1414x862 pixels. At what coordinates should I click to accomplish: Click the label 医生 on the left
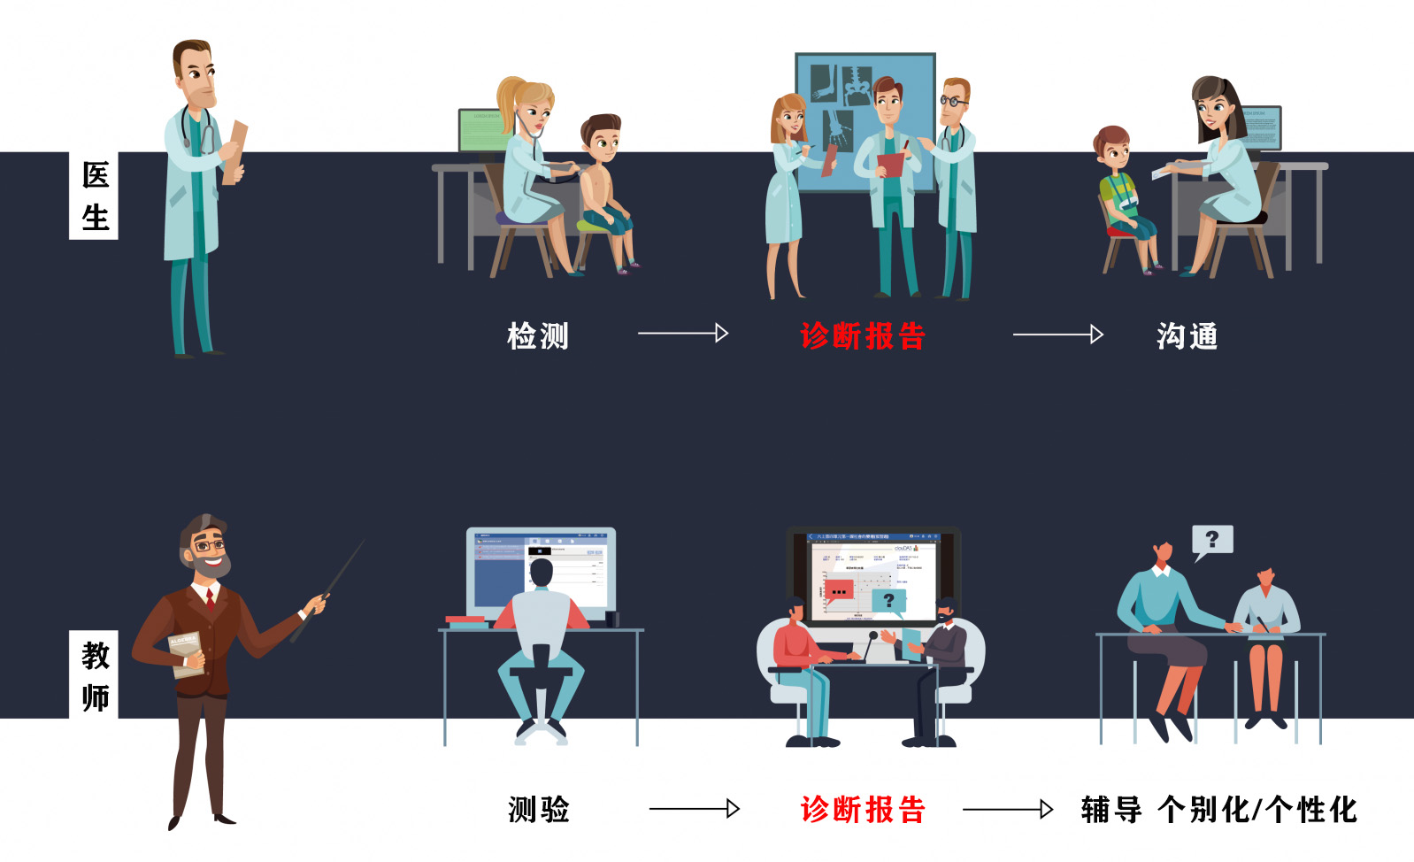click(x=94, y=196)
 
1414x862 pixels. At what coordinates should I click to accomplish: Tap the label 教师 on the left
click(x=95, y=675)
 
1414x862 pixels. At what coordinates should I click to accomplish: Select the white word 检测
click(x=538, y=336)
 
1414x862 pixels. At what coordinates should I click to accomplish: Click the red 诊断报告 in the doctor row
click(x=862, y=336)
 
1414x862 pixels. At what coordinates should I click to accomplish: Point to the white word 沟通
click(x=1187, y=336)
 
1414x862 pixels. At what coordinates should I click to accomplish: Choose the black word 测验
click(x=538, y=809)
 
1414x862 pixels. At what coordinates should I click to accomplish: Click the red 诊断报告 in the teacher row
click(x=862, y=809)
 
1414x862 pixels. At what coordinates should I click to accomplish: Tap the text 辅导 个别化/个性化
click(x=1218, y=809)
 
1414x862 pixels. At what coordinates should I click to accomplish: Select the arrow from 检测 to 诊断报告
click(x=682, y=333)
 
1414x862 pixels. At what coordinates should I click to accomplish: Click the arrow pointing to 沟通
click(x=1057, y=334)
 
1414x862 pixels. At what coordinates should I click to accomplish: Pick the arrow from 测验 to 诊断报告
click(x=694, y=808)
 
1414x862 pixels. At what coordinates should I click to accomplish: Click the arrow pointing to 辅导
click(x=1007, y=809)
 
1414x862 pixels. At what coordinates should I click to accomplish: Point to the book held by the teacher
click(x=186, y=653)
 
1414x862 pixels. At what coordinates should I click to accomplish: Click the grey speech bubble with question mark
click(x=1211, y=539)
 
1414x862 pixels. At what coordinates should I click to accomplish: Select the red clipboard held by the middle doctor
click(x=889, y=165)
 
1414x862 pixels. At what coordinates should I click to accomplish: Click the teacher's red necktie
click(x=211, y=600)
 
